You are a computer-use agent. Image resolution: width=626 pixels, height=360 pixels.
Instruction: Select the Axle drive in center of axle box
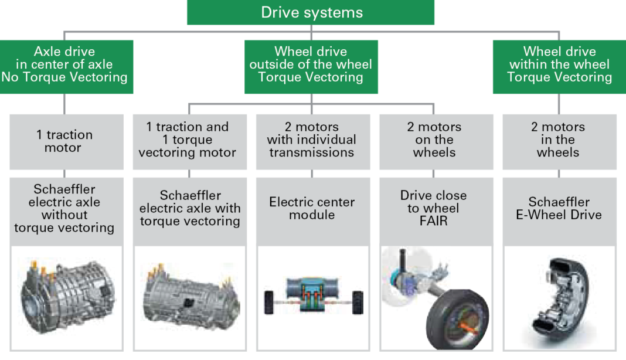pos(64,65)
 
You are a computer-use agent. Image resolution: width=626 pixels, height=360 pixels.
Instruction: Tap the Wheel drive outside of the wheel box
pos(311,65)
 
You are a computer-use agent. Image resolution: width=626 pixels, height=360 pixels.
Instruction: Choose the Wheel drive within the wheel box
pos(559,65)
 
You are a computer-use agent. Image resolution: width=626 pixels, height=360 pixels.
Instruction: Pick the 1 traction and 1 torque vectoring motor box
pos(188,140)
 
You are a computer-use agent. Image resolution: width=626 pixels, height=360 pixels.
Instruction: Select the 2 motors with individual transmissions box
pos(312,140)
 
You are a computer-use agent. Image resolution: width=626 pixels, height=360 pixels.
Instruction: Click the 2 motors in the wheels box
pos(559,140)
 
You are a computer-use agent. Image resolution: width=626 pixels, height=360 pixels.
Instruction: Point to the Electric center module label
pos(312,208)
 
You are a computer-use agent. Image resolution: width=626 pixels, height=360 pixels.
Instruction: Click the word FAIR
pos(434,221)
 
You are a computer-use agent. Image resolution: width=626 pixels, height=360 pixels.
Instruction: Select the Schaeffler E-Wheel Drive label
pos(559,209)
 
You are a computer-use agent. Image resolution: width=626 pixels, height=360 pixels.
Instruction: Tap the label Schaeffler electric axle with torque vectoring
pos(189,208)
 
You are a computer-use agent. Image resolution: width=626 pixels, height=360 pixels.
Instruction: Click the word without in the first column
pos(64,215)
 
